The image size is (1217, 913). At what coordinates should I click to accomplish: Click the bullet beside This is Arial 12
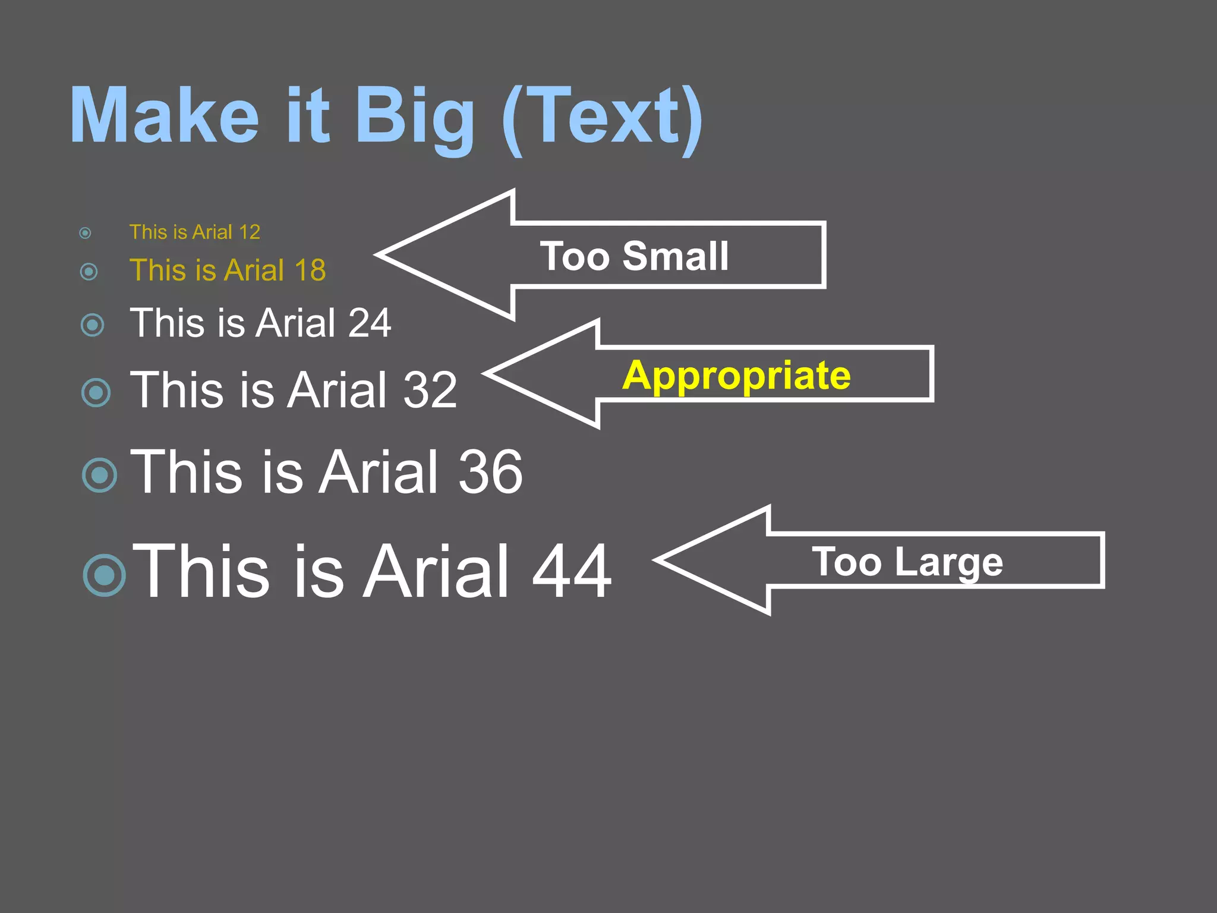(86, 233)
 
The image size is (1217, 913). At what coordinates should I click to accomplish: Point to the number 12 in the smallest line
(249, 232)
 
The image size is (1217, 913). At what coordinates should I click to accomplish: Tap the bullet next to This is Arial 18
(89, 272)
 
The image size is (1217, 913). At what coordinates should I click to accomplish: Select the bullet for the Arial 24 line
(92, 325)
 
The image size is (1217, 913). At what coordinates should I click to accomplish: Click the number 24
(370, 323)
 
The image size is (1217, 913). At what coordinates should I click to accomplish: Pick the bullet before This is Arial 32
(96, 392)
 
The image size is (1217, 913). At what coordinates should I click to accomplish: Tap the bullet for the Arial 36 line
(100, 475)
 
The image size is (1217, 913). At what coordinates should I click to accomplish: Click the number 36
(491, 472)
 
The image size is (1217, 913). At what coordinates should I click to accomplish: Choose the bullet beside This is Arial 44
(105, 575)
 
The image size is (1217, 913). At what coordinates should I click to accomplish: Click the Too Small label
(634, 256)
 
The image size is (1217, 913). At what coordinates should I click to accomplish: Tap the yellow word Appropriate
(737, 376)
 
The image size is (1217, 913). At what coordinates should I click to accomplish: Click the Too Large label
(907, 562)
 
